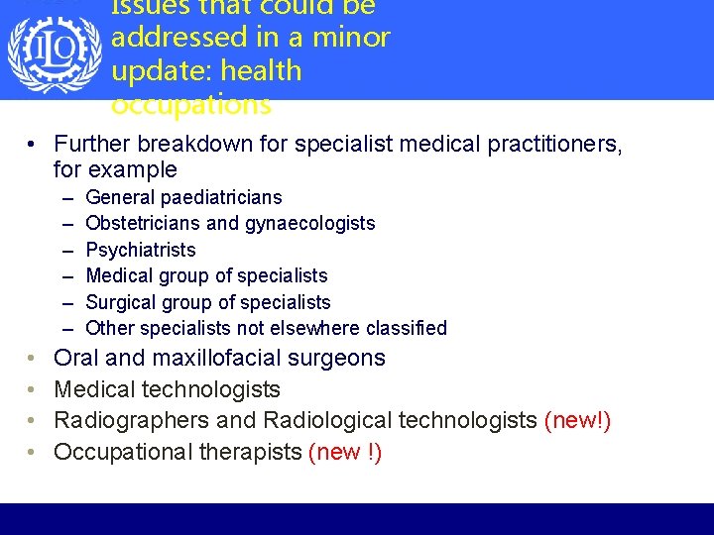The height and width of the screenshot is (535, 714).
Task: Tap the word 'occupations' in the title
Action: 191,104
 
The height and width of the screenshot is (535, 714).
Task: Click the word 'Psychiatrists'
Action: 141,250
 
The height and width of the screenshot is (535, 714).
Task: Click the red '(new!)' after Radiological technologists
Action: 577,421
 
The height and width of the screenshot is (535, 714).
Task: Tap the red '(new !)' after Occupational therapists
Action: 345,453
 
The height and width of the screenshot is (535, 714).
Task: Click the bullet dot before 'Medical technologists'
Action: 33,389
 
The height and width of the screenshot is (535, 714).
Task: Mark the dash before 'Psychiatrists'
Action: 66,250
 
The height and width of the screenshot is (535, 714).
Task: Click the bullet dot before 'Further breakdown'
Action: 33,145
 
